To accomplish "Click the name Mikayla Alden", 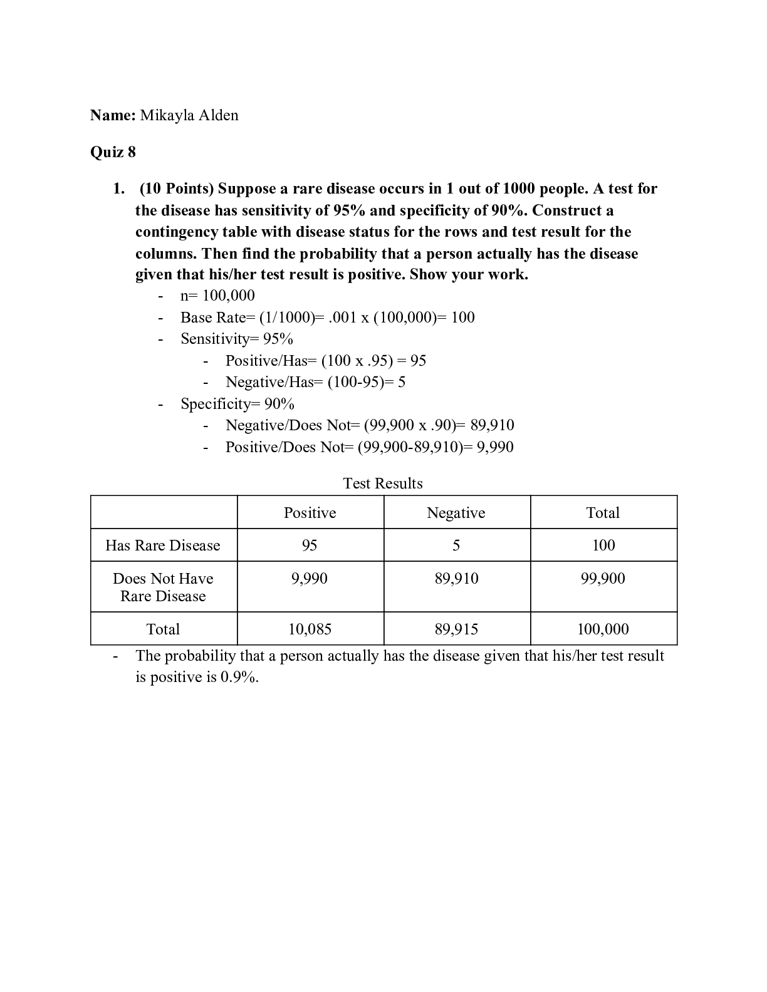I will (189, 115).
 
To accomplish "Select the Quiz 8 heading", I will (113, 152).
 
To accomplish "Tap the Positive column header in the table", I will (310, 513).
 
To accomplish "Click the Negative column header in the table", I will (456, 513).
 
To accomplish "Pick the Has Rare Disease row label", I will (163, 545).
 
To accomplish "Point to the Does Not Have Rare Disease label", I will (163, 587).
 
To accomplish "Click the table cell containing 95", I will (310, 545).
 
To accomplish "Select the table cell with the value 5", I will (456, 545).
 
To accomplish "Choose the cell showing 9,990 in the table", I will (310, 579).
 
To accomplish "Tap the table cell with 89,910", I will (456, 579).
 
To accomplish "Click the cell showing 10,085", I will (310, 629).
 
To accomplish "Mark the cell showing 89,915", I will (456, 629).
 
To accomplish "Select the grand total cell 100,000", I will (603, 629).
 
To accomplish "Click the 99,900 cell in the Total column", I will (603, 579).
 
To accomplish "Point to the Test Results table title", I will (383, 483).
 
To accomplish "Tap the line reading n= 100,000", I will (217, 296).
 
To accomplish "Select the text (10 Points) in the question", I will (177, 189).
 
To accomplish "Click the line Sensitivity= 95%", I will (237, 339).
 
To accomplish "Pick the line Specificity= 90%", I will (237, 404).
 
